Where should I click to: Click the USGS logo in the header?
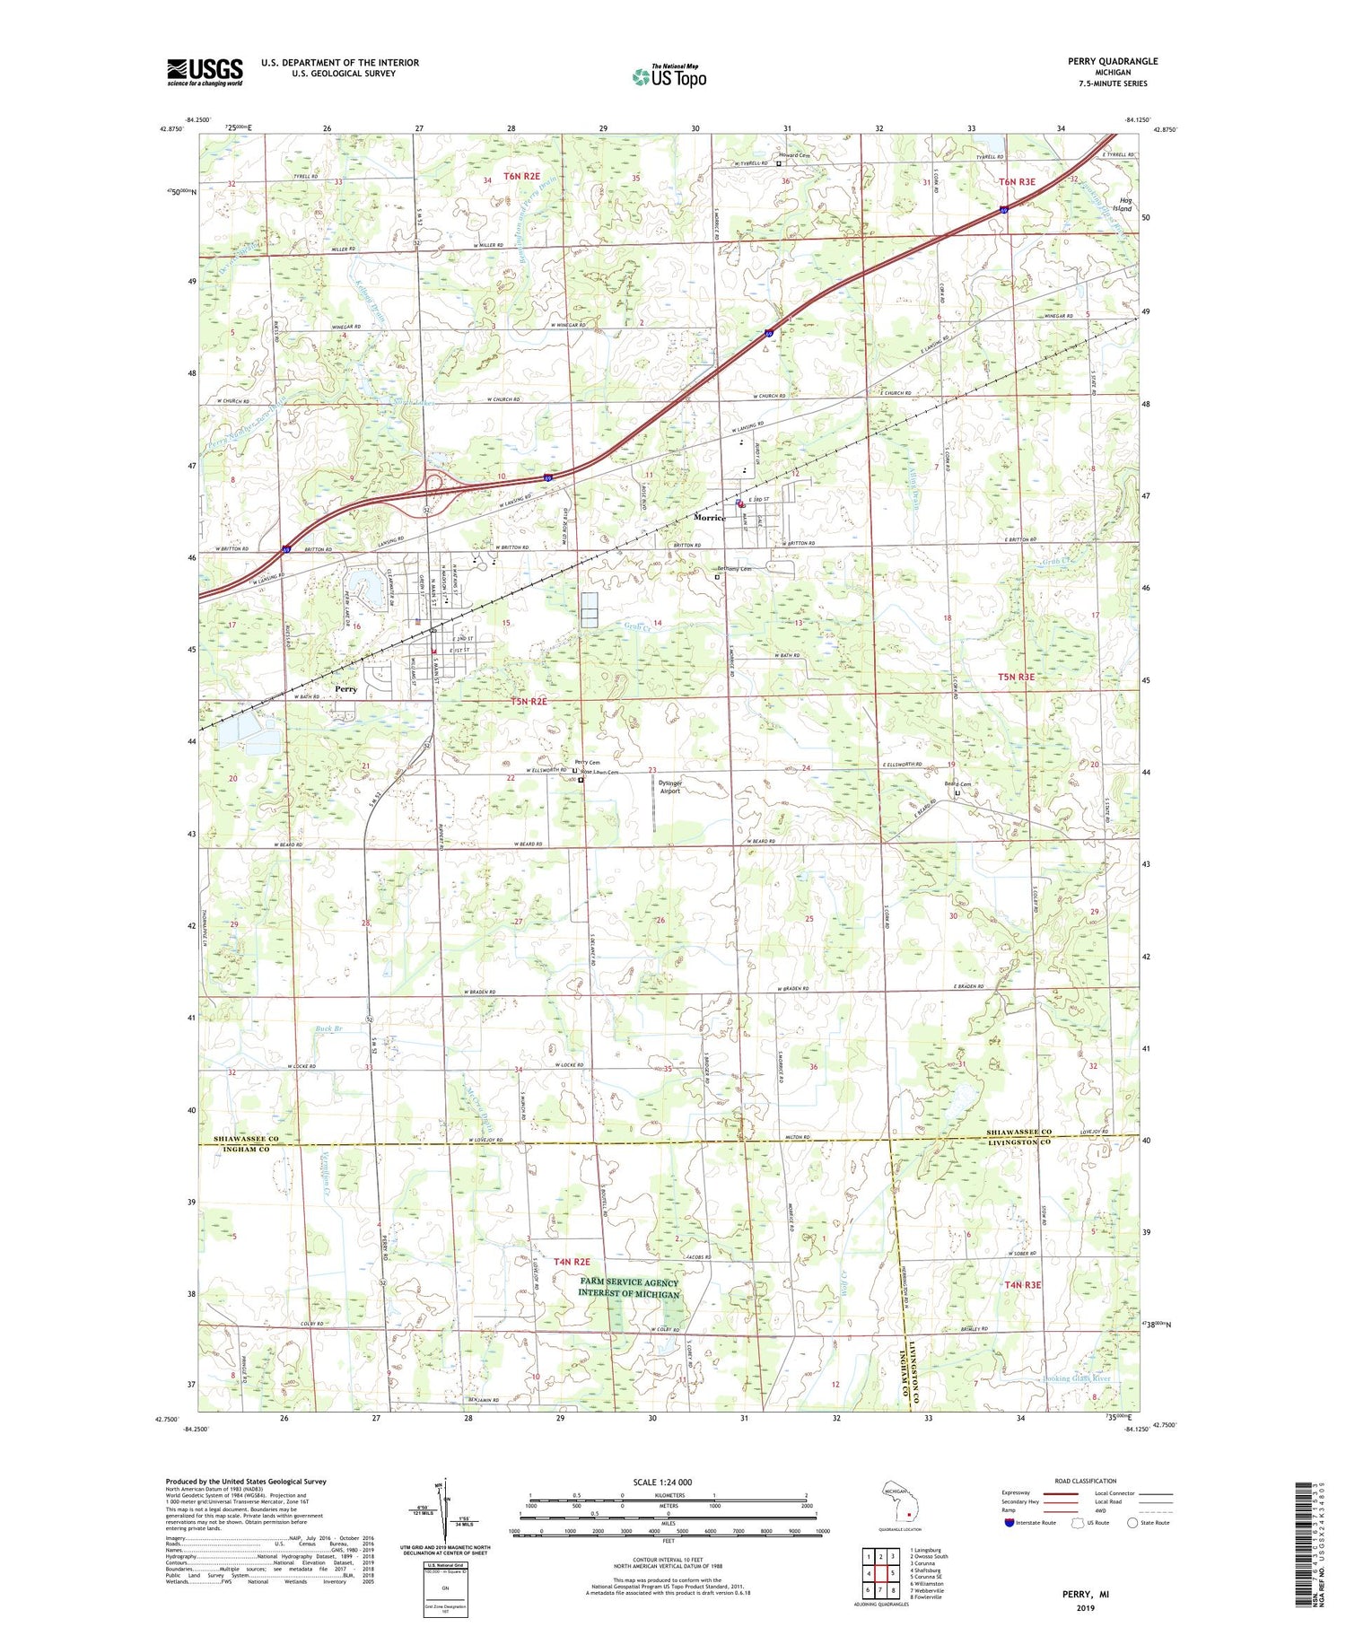(205, 72)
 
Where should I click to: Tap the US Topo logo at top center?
(669, 76)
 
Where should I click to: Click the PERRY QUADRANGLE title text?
(1112, 61)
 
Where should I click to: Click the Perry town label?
(345, 689)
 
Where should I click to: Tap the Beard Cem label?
(957, 783)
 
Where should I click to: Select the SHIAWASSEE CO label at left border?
(246, 1138)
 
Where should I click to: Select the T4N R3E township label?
(1022, 1284)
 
